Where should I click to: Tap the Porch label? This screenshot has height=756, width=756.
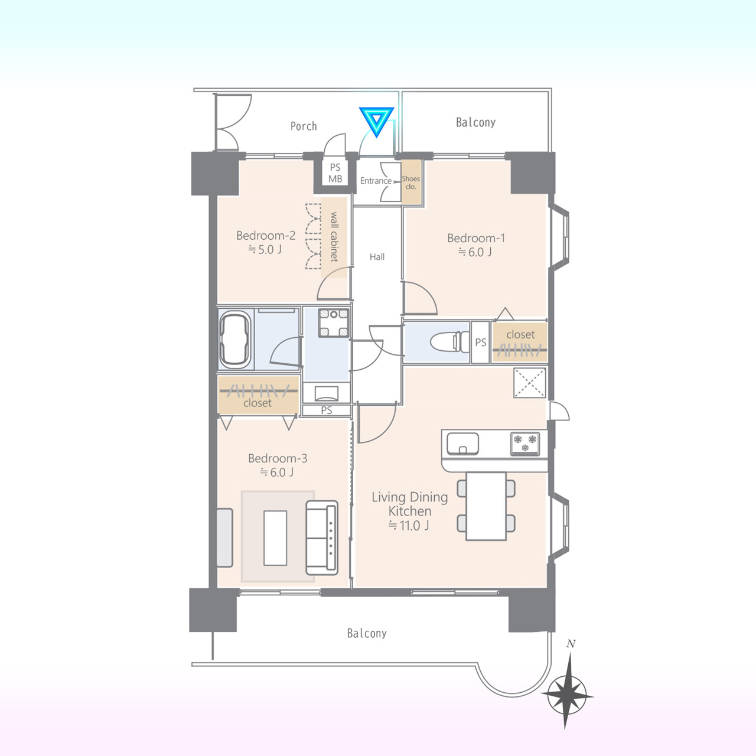point(303,126)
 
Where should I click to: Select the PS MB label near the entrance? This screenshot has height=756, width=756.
point(335,173)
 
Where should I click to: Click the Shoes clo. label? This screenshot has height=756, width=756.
point(410,183)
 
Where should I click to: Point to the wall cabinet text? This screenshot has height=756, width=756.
point(334,237)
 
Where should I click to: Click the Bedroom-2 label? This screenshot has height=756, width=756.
point(266,236)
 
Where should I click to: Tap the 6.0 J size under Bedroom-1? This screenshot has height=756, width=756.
point(475,252)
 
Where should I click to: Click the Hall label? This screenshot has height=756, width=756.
point(377,256)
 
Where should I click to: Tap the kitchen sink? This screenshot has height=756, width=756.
point(463,444)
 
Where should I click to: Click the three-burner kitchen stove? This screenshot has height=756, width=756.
point(525,444)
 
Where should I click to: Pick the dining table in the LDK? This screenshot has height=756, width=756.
point(486,506)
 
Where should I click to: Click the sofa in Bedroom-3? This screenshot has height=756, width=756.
point(322,537)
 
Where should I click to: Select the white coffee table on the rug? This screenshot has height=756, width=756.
point(275,537)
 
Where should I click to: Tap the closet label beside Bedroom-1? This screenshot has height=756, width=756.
point(520,335)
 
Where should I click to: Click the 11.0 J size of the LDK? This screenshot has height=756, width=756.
point(409,525)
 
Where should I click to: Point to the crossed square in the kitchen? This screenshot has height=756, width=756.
point(530,383)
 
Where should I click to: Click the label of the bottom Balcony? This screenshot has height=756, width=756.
point(367,633)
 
